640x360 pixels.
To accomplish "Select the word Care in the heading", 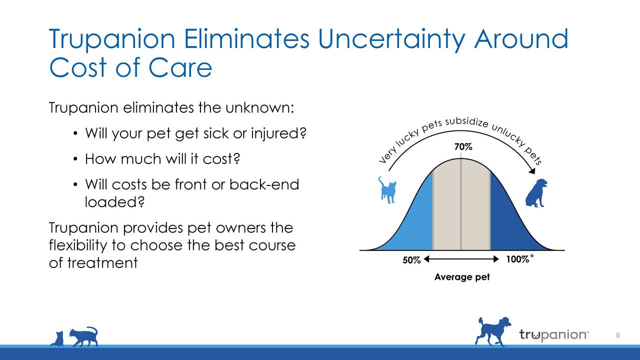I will click(x=180, y=67).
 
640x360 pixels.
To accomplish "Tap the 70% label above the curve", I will click(x=463, y=147).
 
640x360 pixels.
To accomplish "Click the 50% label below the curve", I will click(x=411, y=260).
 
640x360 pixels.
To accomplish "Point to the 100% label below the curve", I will click(x=517, y=259).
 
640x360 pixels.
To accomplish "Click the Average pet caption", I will click(x=462, y=277).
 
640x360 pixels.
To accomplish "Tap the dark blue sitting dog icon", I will click(x=536, y=193).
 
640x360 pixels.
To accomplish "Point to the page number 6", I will click(x=618, y=335).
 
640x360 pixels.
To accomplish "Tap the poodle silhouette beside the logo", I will click(x=493, y=331).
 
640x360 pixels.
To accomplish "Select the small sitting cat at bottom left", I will click(x=57, y=338).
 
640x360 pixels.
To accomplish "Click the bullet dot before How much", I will click(x=74, y=159).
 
